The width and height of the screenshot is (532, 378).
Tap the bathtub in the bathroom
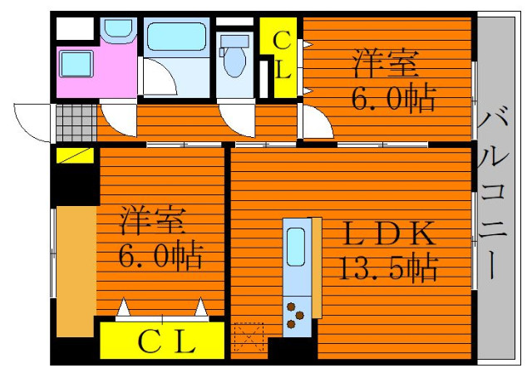176,37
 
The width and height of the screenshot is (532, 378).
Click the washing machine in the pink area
76,64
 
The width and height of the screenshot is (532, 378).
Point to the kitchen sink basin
296,247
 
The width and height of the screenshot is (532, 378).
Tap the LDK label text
389,233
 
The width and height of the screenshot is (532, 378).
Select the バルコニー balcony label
494,192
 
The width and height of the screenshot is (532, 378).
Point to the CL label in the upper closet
283,55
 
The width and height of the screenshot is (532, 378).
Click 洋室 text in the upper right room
386,63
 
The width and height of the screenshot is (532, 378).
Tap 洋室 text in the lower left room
153,220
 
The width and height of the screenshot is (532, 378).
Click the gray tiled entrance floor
76,122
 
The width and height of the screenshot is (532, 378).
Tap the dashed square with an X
249,337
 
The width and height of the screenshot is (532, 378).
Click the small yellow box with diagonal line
75,155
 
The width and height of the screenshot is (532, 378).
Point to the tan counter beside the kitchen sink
317,268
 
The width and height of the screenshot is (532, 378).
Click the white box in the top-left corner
75,28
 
